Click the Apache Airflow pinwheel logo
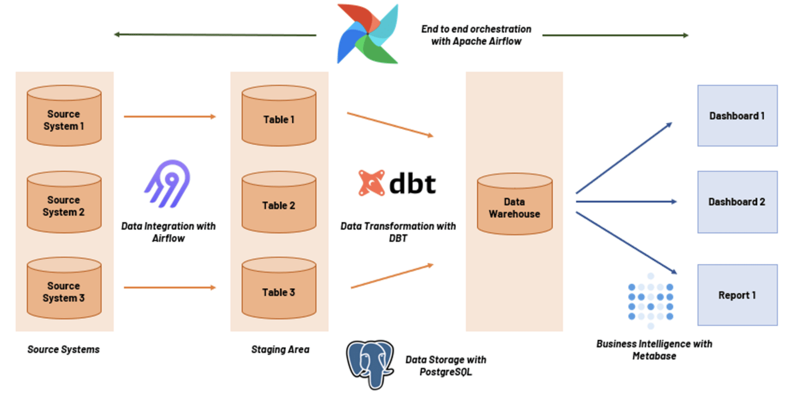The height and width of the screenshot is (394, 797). click(367, 34)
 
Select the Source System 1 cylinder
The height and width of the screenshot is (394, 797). click(64, 116)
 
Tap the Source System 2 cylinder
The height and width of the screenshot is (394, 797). click(64, 202)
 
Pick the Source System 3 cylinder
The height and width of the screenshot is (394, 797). click(64, 288)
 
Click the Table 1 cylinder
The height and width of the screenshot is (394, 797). click(279, 116)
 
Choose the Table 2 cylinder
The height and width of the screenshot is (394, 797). click(279, 202)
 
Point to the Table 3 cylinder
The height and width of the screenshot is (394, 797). click(279, 288)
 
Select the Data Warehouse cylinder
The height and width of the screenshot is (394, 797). click(514, 204)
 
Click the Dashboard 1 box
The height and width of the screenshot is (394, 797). click(737, 116)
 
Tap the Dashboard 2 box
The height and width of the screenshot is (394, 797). click(737, 202)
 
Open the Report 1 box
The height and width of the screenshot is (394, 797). click(737, 295)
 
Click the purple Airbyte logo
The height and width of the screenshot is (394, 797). click(167, 184)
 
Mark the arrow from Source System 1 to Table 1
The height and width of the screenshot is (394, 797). click(170, 117)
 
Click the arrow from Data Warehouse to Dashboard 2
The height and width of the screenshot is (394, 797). click(626, 202)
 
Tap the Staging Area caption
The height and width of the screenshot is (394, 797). click(280, 350)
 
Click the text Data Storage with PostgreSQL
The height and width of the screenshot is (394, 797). click(446, 366)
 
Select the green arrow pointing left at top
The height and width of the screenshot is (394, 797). click(214, 35)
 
